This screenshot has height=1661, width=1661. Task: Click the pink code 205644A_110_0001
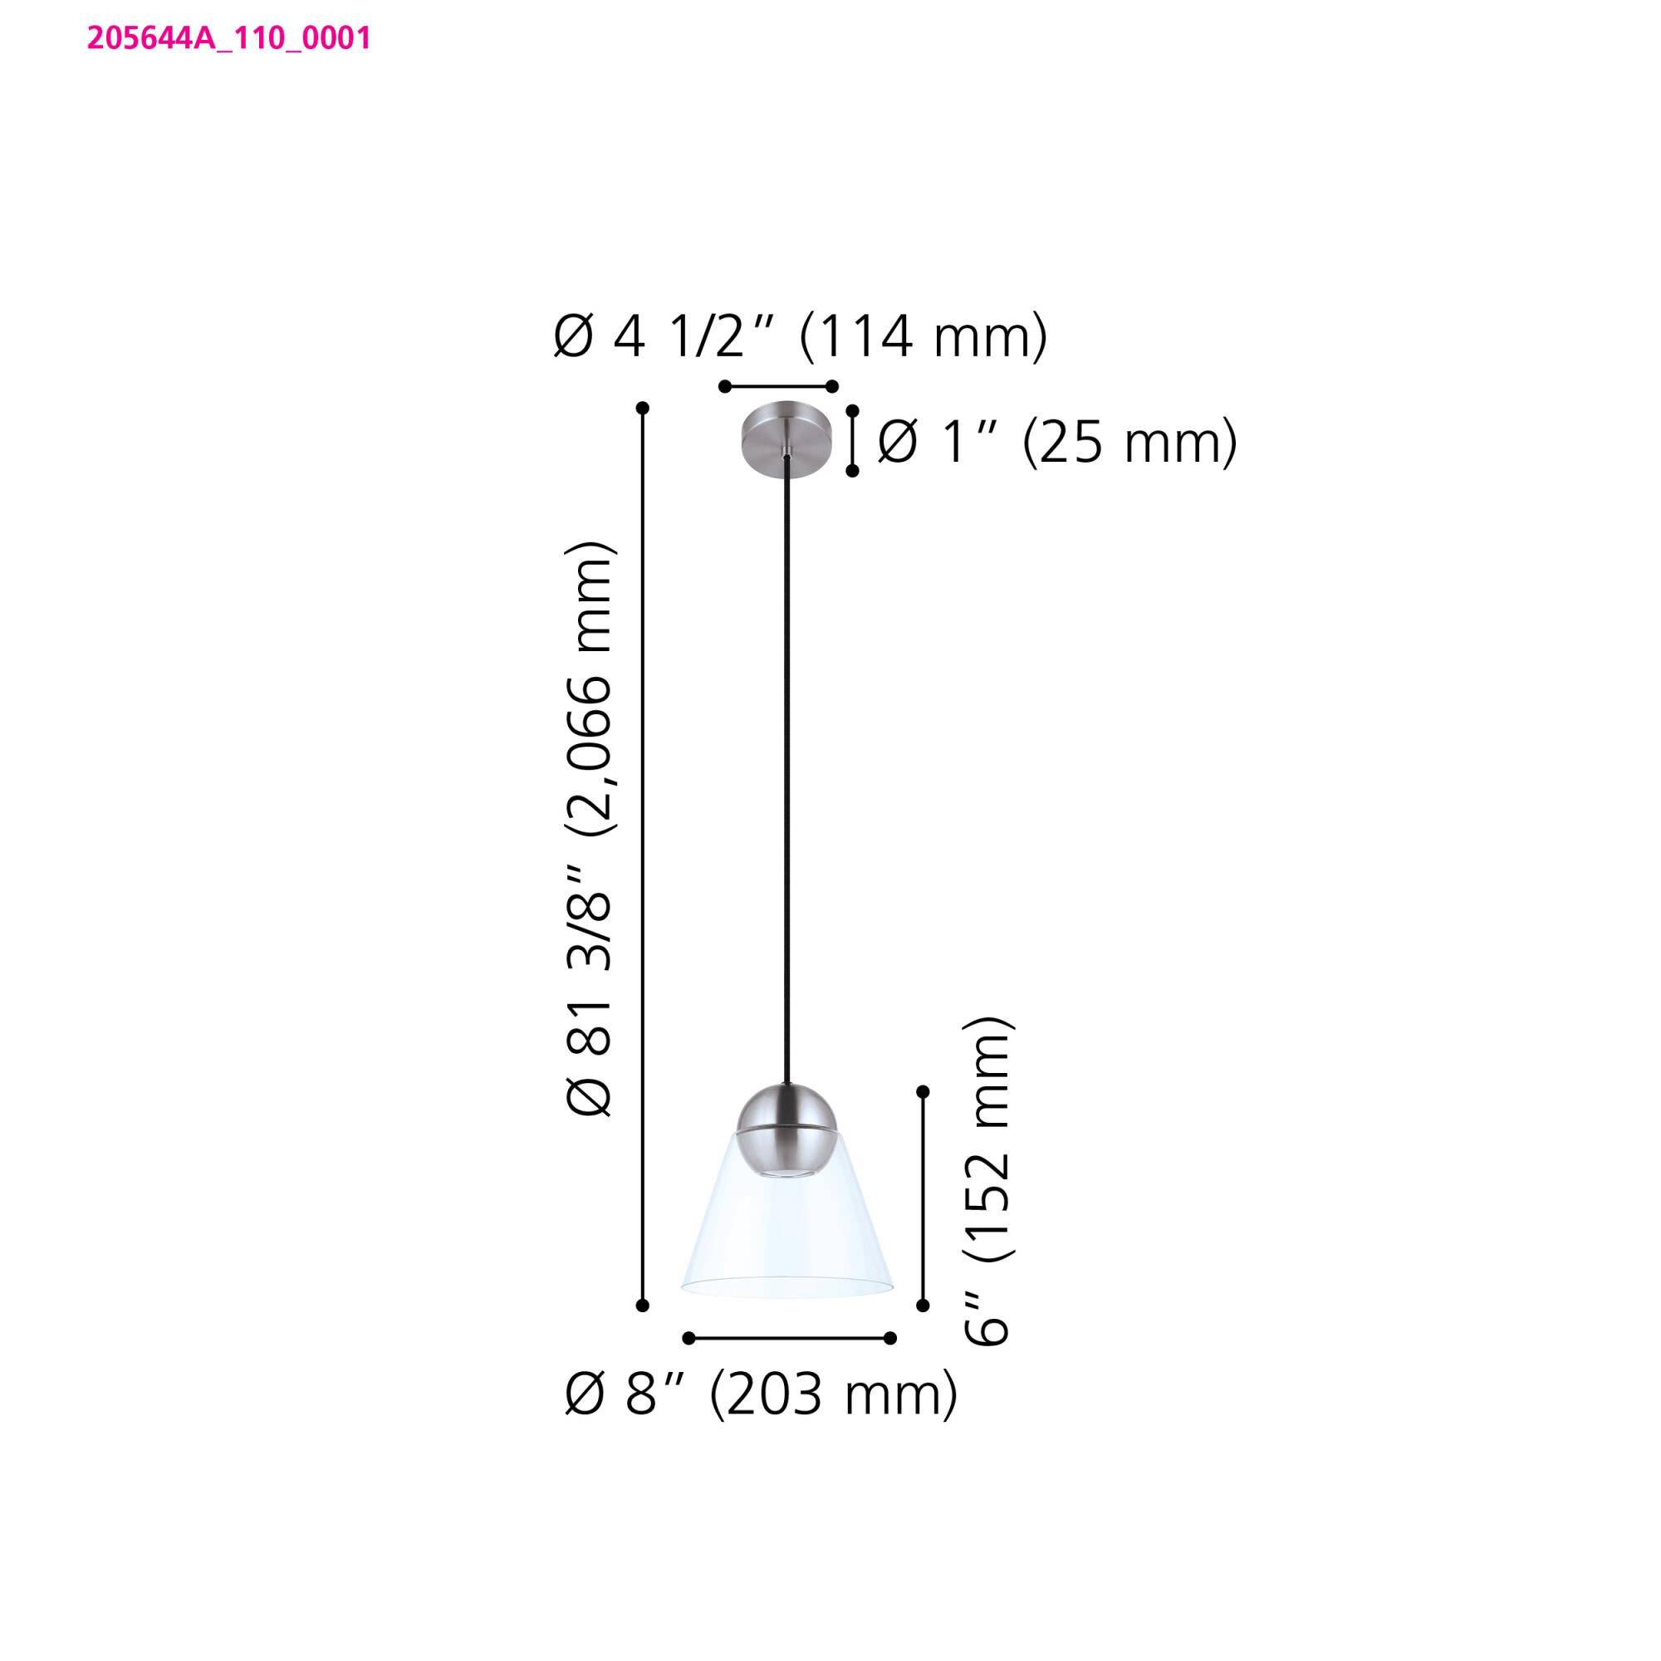point(228,39)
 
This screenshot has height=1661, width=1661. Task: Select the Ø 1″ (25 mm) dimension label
point(1057,443)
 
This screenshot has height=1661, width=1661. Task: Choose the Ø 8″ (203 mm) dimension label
point(761,1394)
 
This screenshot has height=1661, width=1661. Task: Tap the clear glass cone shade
point(786,1238)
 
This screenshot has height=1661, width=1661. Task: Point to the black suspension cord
point(786,774)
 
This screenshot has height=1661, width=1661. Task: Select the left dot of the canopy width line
point(725,387)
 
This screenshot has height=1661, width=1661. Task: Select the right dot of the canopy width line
point(831,387)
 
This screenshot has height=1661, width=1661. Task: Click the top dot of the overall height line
point(642,408)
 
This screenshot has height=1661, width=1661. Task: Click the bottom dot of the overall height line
point(642,1305)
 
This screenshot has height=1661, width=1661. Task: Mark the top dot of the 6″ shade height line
point(924,1092)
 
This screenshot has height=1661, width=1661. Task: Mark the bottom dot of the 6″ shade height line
point(924,1305)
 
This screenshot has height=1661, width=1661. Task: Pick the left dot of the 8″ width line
point(688,1338)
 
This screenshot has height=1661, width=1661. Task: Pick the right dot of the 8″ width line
point(889,1338)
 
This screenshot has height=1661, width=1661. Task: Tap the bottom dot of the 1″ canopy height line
point(852,470)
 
